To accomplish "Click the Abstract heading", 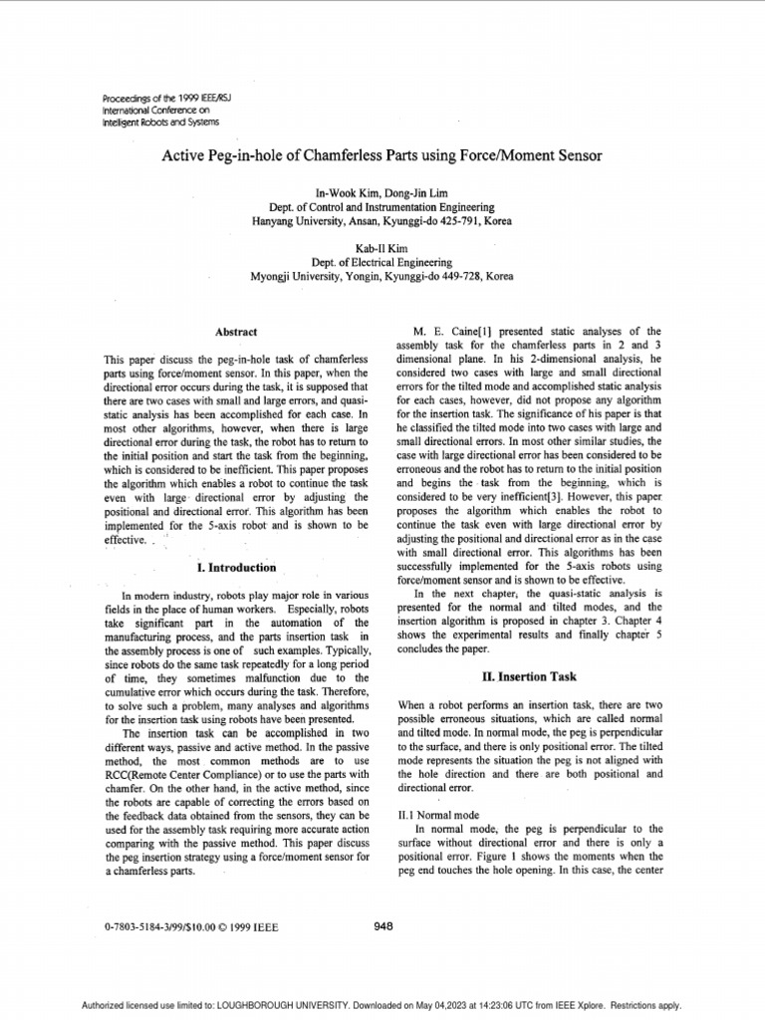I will (237, 332).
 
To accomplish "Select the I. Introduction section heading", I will (236, 568).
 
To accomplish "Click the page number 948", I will (382, 925).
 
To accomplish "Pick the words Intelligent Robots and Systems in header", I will (161, 123).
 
